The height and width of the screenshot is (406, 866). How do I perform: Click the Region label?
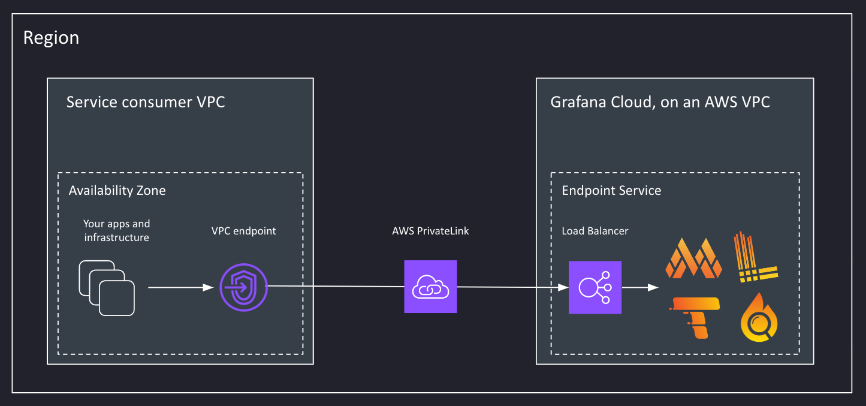[51, 38]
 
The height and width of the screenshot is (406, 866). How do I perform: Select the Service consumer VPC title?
[146, 102]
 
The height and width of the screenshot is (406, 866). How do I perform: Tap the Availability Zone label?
[117, 191]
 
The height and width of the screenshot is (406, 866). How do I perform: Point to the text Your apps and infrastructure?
[116, 230]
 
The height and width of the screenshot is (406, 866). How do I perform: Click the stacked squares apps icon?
[107, 288]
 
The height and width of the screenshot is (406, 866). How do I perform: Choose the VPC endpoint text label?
[243, 231]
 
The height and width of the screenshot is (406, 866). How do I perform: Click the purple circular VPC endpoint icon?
[243, 287]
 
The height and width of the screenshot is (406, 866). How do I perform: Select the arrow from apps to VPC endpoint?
[180, 288]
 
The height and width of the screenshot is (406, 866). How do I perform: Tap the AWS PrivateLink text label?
[430, 231]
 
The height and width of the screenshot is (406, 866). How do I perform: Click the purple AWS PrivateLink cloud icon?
[430, 287]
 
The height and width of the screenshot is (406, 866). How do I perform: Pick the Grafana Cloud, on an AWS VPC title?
[660, 102]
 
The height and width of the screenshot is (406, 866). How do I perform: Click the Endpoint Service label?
[611, 191]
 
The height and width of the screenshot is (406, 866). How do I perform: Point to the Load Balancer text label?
[595, 231]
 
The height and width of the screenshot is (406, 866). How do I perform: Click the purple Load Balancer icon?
[595, 287]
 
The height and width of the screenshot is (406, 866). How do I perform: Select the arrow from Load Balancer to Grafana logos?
[641, 288]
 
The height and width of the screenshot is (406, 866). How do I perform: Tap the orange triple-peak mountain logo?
[693, 258]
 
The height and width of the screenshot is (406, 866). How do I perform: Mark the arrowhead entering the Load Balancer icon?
[563, 288]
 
